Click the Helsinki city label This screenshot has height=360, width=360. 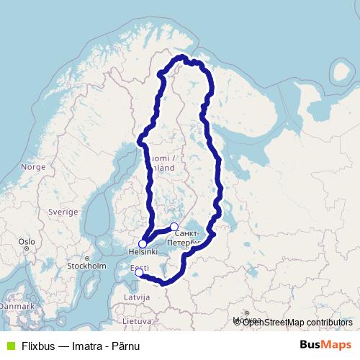coord(142,253)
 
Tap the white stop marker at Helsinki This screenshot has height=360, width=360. coord(143,244)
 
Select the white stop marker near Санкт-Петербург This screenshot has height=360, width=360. coord(174,227)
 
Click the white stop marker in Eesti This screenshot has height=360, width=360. coord(139,272)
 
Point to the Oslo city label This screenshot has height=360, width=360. coord(27,242)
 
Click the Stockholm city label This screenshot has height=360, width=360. coord(86,265)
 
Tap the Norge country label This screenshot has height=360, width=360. coord(33,166)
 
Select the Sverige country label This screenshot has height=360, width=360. coord(63,212)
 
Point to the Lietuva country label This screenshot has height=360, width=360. coord(136,320)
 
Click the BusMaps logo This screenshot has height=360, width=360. coord(325,345)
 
